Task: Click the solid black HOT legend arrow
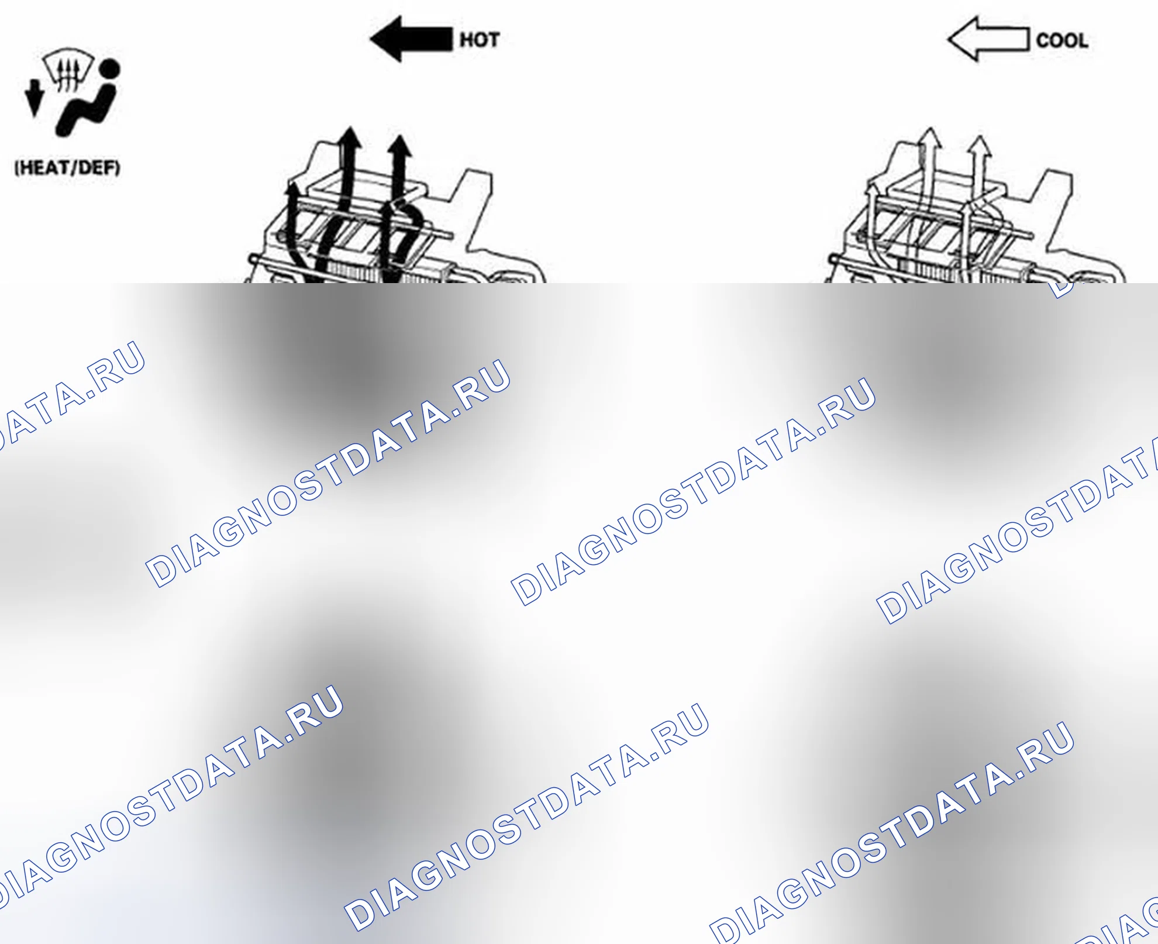point(411,39)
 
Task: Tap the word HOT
point(480,40)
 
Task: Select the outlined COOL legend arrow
point(988,39)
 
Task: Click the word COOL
point(1062,40)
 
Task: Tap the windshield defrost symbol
point(68,69)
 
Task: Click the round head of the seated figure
point(109,68)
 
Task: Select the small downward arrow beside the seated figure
point(35,98)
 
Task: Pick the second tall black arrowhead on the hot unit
point(400,146)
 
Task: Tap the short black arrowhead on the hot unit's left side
point(292,188)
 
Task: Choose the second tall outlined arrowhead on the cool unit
point(979,146)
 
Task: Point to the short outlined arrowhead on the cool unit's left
point(871,191)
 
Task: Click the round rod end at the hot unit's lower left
point(252,260)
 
